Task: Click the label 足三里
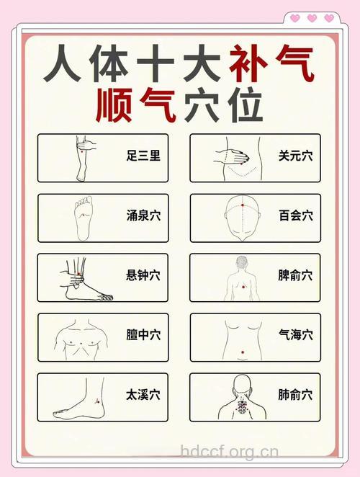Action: pos(143,155)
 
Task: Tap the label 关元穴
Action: pos(295,155)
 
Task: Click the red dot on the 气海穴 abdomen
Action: pos(243,352)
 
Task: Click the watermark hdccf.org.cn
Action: pos(228,453)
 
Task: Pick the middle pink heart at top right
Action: pos(312,18)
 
